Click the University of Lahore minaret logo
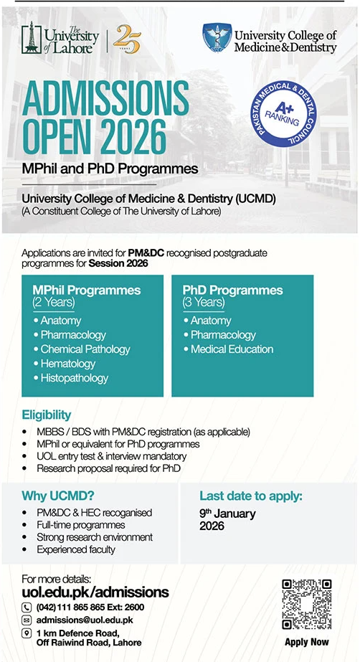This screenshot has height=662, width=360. (32, 38)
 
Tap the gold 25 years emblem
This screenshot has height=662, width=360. (127, 39)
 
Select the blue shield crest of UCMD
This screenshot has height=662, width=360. (217, 37)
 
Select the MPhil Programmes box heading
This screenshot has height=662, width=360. (87, 290)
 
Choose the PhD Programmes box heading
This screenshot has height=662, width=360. (232, 290)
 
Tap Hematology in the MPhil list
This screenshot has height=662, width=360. (68, 364)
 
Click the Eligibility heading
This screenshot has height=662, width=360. (47, 415)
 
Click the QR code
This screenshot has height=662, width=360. (306, 604)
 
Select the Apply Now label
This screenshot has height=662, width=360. (307, 642)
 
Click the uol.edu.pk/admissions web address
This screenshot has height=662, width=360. (95, 592)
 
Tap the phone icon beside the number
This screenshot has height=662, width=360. (27, 607)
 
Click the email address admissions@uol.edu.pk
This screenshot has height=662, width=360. (85, 620)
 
